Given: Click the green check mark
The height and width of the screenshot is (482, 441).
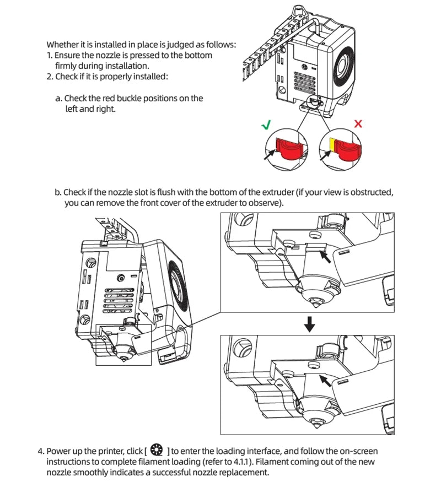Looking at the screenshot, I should (x=266, y=125).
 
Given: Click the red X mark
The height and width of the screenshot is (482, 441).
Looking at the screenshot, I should (x=358, y=123).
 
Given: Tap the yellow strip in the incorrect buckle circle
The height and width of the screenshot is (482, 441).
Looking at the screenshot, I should (x=332, y=144).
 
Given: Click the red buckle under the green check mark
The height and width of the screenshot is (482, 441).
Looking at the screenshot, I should (x=290, y=148).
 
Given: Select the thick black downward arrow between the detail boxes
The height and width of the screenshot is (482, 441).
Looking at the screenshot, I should (x=310, y=324).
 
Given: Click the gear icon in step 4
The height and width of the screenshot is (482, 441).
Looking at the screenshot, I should (x=156, y=449).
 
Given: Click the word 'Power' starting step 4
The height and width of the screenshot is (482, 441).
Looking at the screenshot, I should (x=58, y=450).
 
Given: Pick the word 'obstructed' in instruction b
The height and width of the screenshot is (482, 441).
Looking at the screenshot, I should (x=372, y=193).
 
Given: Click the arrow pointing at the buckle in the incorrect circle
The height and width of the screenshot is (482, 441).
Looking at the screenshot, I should (x=325, y=155).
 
